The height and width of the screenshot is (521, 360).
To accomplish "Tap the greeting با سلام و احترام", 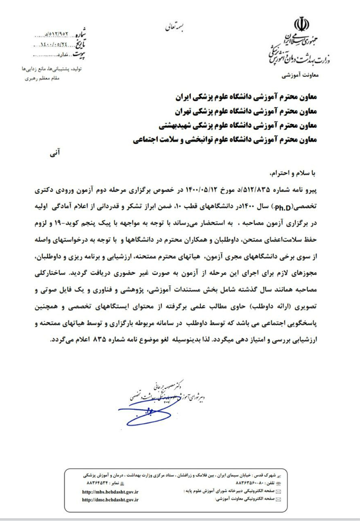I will point(295,173).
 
